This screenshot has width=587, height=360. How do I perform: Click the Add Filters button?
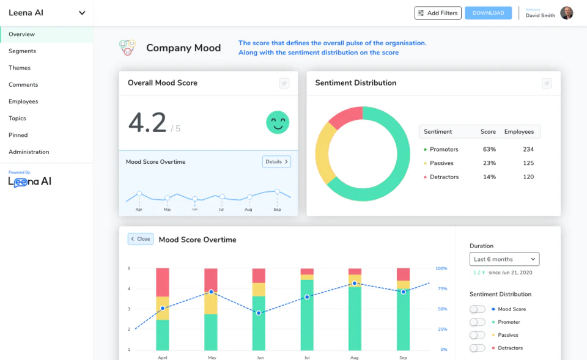[x=437, y=13]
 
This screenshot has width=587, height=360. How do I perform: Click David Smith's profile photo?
[x=567, y=13]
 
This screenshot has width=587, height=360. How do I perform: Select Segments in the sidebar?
[x=22, y=51]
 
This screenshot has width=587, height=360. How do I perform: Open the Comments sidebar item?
[x=23, y=85]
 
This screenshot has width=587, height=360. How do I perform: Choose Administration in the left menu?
[x=29, y=152]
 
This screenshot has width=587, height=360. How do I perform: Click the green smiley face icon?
[x=278, y=122]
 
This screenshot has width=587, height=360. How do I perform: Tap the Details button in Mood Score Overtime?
[x=276, y=162]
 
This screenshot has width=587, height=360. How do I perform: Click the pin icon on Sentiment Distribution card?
[x=547, y=83]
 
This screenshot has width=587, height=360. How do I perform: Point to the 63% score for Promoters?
[x=489, y=150]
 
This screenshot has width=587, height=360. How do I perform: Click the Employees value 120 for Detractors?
[x=528, y=177]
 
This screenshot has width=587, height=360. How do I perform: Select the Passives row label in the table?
[x=441, y=163]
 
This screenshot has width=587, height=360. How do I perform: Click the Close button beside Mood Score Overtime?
[x=141, y=239]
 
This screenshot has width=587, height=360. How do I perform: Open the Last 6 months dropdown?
[x=504, y=259]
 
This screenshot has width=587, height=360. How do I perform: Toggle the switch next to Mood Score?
[x=478, y=309]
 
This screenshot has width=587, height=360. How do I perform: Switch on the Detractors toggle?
[x=478, y=348]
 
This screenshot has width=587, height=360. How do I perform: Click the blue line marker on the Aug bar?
[x=355, y=284]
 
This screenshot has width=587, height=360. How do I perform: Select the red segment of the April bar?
[x=163, y=282]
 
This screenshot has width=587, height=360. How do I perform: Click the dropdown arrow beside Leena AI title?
[x=82, y=13]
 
